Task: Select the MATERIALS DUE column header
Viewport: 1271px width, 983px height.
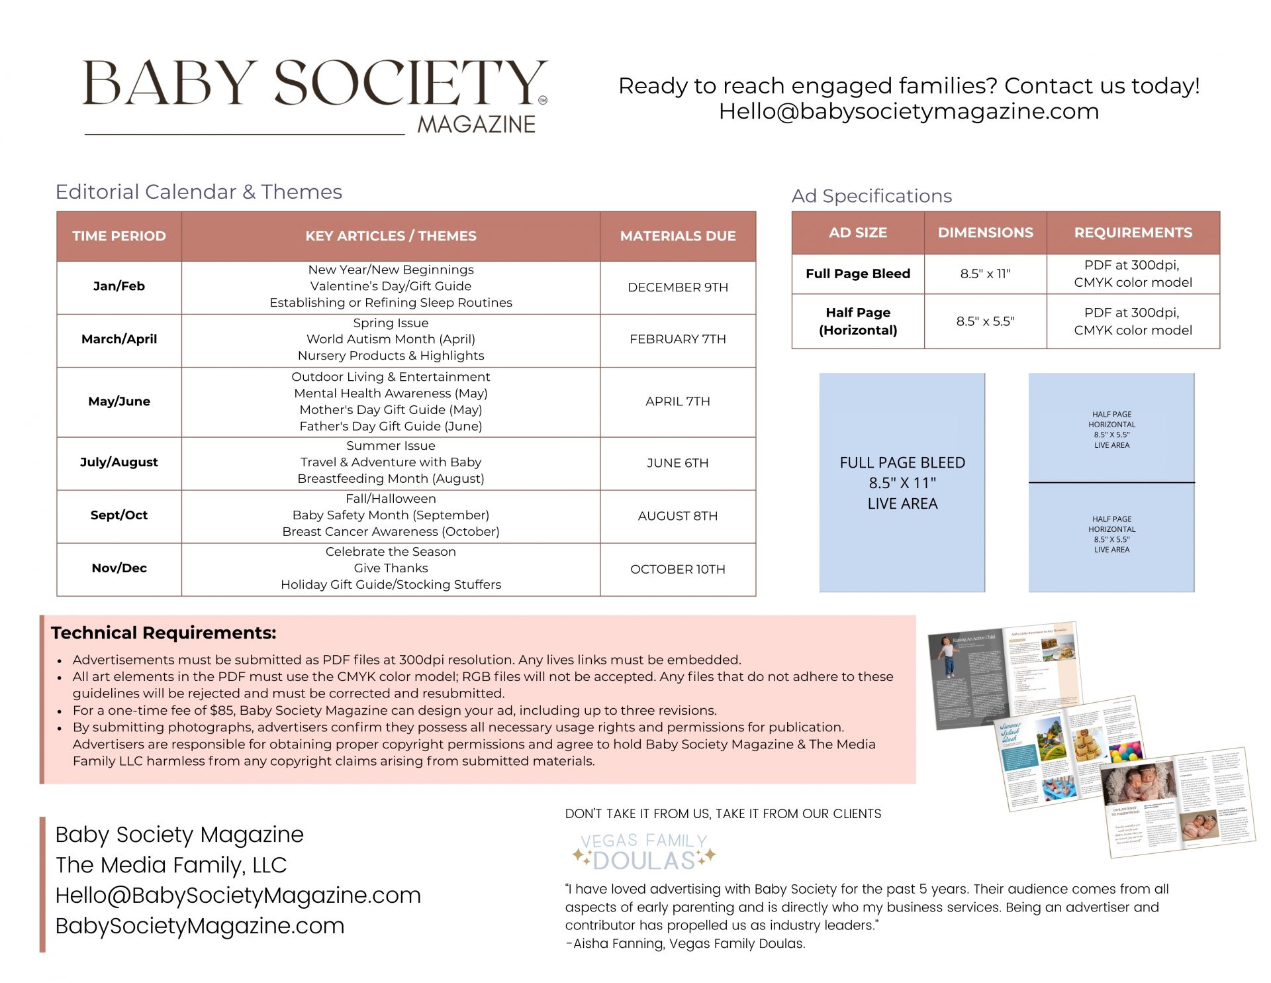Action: click(677, 236)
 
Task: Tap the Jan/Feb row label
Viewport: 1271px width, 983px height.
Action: click(119, 286)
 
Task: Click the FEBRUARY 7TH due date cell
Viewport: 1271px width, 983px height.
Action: click(677, 339)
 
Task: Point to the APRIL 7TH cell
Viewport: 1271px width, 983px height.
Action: click(677, 401)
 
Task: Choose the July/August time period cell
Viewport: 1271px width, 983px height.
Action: click(119, 462)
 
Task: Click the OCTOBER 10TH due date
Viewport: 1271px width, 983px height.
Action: click(677, 569)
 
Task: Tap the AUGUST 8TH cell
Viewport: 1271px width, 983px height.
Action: click(677, 516)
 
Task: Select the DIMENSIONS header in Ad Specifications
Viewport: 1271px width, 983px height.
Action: click(985, 233)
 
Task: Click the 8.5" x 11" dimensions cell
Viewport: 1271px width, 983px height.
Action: click(985, 274)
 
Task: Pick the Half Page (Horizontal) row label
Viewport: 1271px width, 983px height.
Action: click(858, 321)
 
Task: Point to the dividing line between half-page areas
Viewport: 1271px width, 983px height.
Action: click(1111, 483)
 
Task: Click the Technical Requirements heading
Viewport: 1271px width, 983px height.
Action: click(164, 633)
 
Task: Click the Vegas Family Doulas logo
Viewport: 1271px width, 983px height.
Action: click(643, 852)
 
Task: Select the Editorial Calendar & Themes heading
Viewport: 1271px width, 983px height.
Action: click(199, 192)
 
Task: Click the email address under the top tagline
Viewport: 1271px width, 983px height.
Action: click(908, 111)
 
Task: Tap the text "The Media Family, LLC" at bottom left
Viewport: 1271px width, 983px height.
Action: click(171, 865)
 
